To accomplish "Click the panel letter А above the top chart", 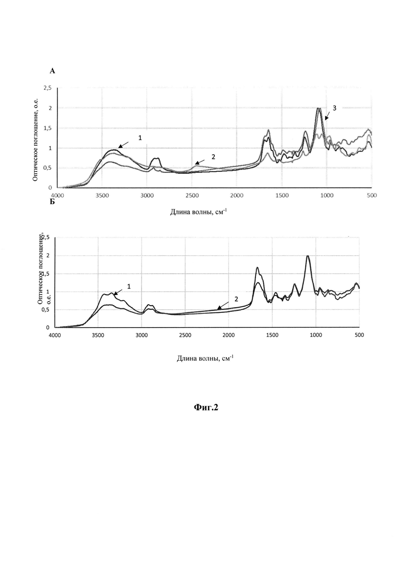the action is coord(52,71).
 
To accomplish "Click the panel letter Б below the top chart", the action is coord(52,202).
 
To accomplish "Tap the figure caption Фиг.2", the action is coord(206,407).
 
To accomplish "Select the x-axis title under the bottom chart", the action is coord(205,358).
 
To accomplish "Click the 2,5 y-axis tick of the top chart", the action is coord(48,88).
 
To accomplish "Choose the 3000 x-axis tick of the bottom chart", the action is coord(142,335).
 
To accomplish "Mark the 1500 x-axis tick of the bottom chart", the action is coord(272,335).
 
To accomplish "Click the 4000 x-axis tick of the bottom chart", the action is coord(55,335).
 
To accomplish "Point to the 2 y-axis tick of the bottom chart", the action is coord(47,256).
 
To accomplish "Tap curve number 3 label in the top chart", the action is coord(334,108).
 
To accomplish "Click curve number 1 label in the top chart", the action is coord(140,138).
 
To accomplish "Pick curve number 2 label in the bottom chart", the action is coord(236,299).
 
